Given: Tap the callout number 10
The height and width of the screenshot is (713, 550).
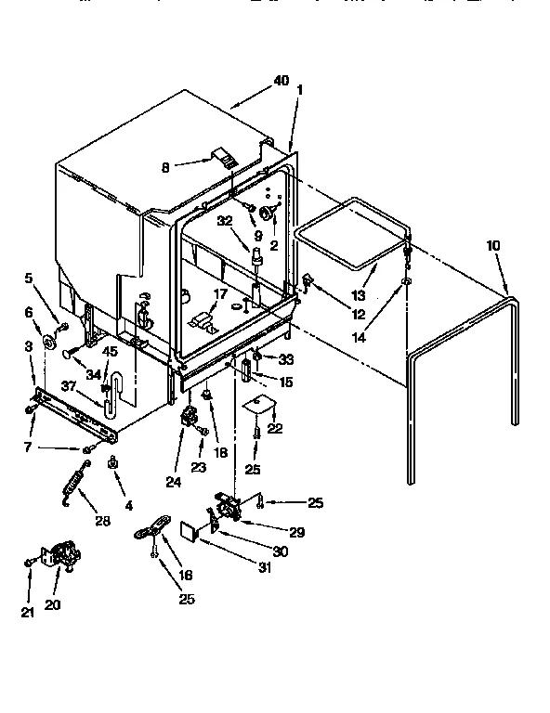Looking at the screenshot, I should pos(492,245).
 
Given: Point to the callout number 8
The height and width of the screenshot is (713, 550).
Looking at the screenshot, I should pos(166,168).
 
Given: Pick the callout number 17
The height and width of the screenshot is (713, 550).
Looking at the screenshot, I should pos(219,293).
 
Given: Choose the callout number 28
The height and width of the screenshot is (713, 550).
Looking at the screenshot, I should pos(102,522).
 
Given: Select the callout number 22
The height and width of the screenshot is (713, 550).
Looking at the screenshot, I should pos(275,428).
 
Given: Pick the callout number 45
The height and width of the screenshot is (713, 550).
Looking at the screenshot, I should pos(110,351).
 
